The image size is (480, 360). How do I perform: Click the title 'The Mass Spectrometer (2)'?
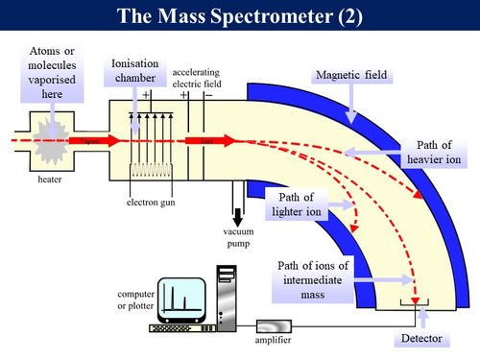click(x=240, y=16)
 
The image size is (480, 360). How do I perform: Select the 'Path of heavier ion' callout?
click(x=437, y=151)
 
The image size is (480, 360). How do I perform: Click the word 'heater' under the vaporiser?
click(x=49, y=179)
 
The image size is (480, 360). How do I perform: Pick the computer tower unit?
click(x=227, y=297)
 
